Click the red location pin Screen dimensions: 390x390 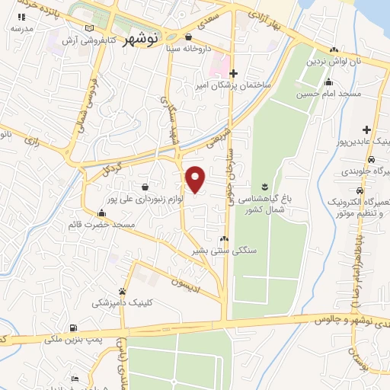tap(196, 179)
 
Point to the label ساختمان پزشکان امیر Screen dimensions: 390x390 tap(235, 85)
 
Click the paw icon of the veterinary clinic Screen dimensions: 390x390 tap(122, 291)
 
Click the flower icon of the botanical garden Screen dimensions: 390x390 tap(264, 186)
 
